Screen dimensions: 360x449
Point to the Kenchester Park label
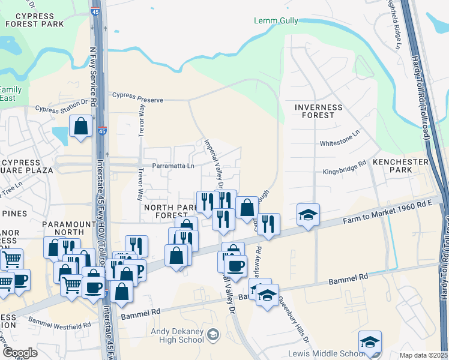tap(400, 166)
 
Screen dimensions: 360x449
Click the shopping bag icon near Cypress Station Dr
tap(80, 127)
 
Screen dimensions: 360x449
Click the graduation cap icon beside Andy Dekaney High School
tap(212, 334)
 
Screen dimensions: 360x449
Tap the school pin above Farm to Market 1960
tap(308, 214)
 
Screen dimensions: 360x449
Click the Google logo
tap(19, 353)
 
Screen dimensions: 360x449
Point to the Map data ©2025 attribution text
tap(424, 355)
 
